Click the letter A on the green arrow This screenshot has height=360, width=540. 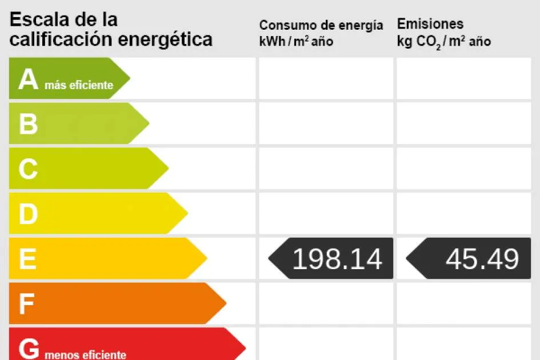(28, 79)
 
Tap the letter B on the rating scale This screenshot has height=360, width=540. (28, 124)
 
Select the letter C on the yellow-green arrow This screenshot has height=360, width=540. (28, 169)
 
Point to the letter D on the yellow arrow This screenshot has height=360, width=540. (28, 214)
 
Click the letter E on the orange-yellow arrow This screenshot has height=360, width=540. (27, 259)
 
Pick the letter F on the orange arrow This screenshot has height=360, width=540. (26, 304)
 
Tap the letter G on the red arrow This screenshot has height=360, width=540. (29, 347)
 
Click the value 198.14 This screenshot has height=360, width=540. (337, 259)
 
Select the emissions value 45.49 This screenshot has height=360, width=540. (482, 259)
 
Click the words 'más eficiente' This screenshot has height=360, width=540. (79, 86)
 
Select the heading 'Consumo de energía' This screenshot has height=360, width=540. (321, 25)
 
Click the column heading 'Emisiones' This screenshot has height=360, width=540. (430, 24)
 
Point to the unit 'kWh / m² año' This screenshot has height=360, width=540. (296, 41)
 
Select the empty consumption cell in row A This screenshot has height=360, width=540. (326, 78)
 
